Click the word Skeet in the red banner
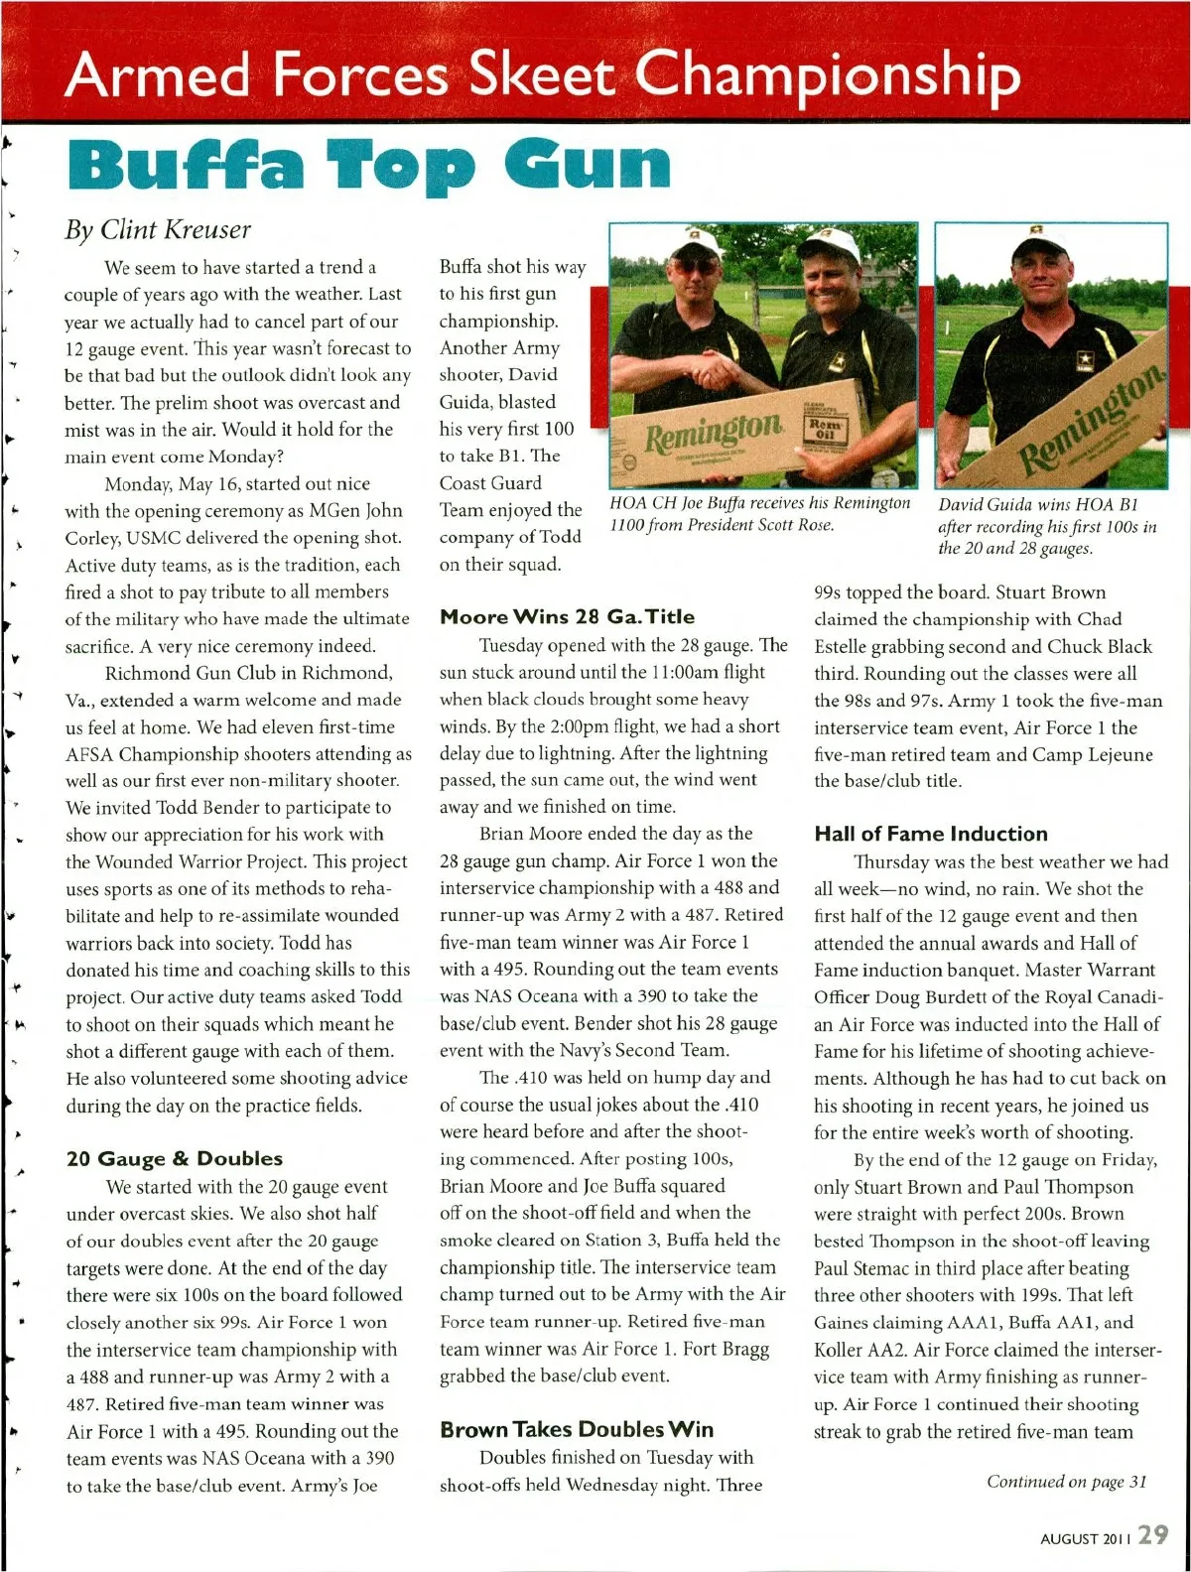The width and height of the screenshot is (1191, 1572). [x=543, y=75]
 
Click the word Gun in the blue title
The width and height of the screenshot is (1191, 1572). [x=589, y=165]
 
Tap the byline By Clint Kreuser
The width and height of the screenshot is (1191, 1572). [x=158, y=229]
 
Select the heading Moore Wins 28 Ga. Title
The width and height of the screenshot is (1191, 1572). [x=567, y=616]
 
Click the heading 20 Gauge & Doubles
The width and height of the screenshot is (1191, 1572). [x=174, y=1158]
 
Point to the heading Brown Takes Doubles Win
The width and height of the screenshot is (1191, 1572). [x=576, y=1429]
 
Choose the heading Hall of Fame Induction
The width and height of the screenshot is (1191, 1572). [x=930, y=834]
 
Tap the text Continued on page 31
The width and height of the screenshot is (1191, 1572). [x=1066, y=1482]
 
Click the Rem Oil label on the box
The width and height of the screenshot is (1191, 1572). [x=826, y=428]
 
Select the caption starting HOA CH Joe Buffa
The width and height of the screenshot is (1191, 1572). [x=760, y=513]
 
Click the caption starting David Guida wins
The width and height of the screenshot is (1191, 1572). [x=1047, y=526]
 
